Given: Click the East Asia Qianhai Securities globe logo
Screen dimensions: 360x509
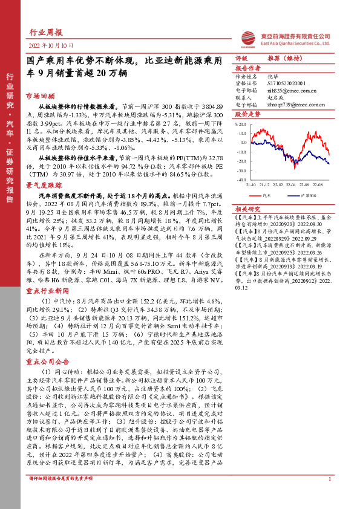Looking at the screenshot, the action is pos(247,37).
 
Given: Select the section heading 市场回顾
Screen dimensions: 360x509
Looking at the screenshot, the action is pos(39,96).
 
